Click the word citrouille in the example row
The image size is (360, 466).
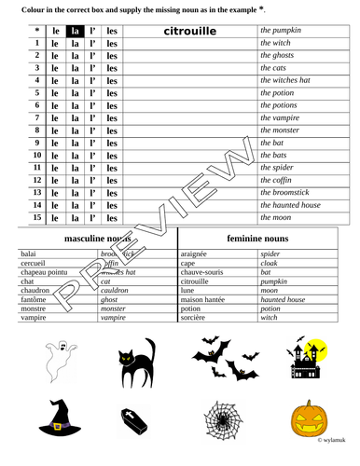(x=189, y=31)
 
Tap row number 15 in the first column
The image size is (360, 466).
(x=36, y=218)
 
